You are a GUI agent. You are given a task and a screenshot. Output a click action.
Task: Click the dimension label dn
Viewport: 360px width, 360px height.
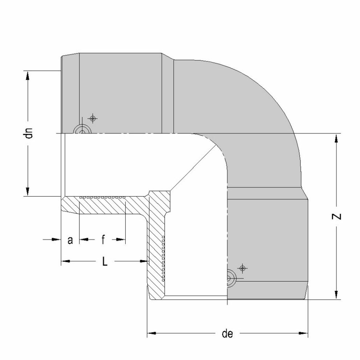pos(29,133)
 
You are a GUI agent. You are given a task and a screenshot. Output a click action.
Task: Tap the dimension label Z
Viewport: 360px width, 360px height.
pos(336,217)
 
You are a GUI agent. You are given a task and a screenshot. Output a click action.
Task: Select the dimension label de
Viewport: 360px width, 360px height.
pos(227,334)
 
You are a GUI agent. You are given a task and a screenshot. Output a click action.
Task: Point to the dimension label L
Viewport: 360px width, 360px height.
pos(105,261)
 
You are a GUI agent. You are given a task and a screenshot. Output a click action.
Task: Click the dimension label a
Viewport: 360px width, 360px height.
pos(70,240)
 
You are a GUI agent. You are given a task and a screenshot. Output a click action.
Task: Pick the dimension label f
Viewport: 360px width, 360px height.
pos(103,240)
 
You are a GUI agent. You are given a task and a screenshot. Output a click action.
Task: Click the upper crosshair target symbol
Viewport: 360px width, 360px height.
pos(93,118)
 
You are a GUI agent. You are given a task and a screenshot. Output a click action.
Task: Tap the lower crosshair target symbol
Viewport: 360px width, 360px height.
pos(242,268)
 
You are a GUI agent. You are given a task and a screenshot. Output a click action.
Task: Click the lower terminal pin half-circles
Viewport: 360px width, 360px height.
pos(231,278)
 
